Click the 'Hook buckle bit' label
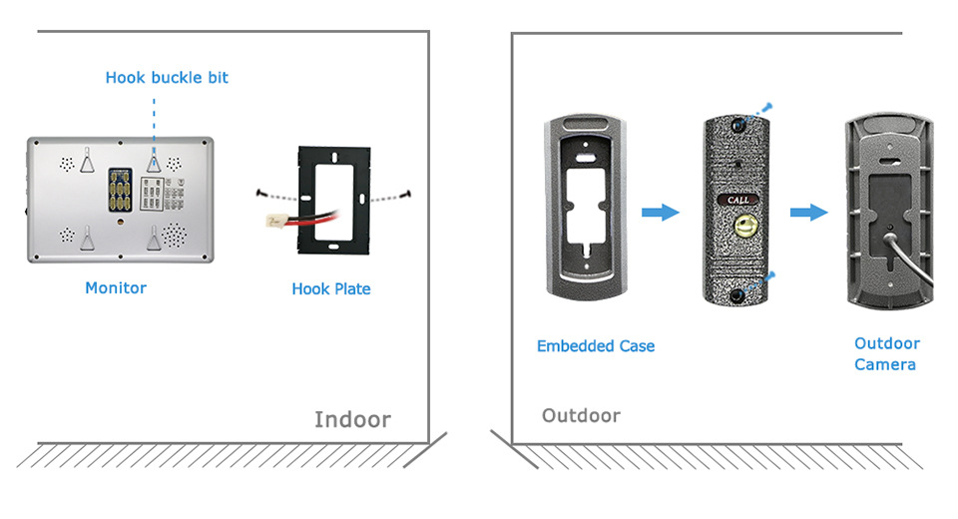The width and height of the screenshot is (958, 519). [167, 77]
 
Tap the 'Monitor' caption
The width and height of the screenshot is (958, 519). [116, 287]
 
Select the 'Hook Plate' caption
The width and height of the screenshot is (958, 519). [330, 288]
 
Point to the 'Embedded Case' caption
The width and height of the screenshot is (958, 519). [596, 345]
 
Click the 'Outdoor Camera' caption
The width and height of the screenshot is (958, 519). [886, 353]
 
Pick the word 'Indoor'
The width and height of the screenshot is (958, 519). [352, 419]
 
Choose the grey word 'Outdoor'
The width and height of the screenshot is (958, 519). [581, 415]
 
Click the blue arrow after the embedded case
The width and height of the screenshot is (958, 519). [659, 212]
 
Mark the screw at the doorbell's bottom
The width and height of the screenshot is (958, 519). [767, 274]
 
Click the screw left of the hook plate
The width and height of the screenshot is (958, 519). [260, 193]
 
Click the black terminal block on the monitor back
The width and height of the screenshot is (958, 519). [119, 187]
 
